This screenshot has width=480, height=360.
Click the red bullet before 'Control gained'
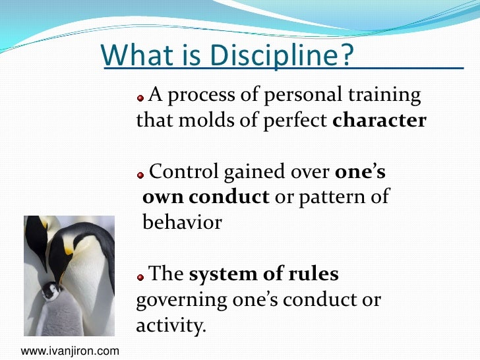coord(140,175)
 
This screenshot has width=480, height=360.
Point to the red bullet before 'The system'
coord(140,276)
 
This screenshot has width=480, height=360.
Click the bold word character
coord(380,121)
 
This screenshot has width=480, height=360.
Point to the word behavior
coord(182,222)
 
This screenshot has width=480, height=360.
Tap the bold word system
coord(222,274)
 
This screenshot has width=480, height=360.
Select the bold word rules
coord(313,274)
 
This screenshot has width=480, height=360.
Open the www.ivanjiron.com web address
coord(66,351)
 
